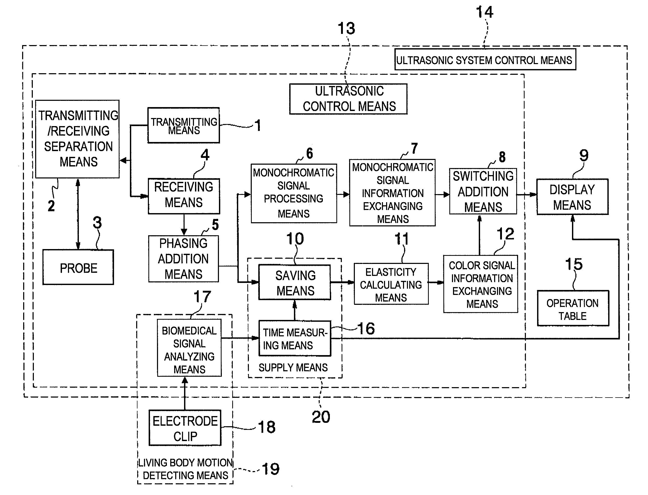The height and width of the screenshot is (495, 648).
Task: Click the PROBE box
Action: click(78, 267)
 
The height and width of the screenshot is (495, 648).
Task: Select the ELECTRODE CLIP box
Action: click(185, 428)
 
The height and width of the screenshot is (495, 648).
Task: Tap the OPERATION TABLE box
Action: click(573, 308)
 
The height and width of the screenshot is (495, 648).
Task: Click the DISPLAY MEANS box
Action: click(572, 197)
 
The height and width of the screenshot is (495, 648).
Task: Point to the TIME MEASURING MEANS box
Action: click(295, 338)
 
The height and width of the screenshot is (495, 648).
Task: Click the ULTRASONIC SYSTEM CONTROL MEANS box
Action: click(485, 60)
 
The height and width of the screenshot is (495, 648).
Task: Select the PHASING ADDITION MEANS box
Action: click(184, 259)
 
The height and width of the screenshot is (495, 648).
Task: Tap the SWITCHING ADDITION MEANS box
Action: click(483, 191)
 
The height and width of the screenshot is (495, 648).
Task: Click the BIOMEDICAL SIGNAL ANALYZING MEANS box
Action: click(189, 348)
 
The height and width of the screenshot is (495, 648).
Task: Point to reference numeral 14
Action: click(484, 13)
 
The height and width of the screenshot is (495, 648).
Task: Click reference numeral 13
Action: click(346, 29)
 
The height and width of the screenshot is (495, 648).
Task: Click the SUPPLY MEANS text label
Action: click(293, 367)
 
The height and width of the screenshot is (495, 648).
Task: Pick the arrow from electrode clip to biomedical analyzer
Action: click(185, 393)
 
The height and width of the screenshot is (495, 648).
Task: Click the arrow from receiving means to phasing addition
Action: click(184, 225)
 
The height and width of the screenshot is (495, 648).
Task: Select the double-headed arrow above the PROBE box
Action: click(78, 214)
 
